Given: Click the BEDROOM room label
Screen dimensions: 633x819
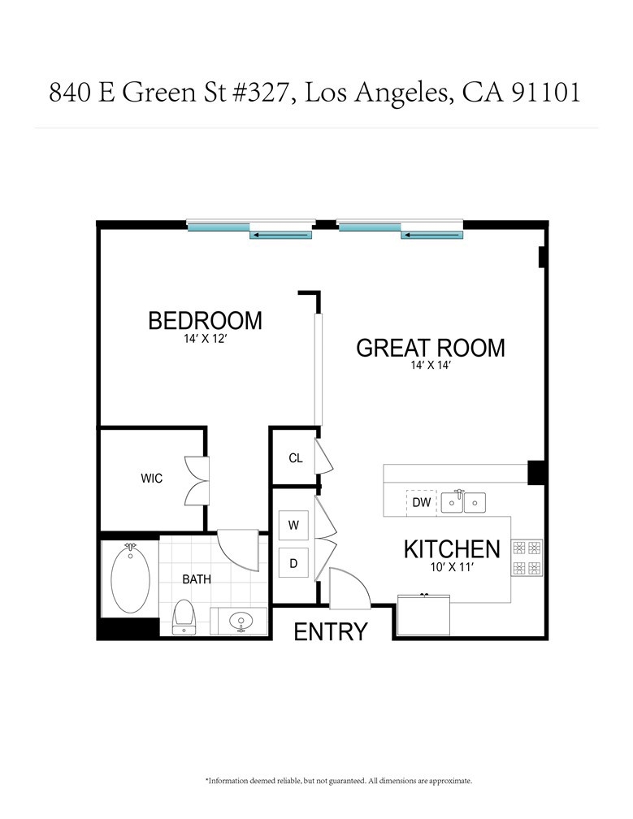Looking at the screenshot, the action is (206, 321).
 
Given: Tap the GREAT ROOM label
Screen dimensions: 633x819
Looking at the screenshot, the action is (431, 348).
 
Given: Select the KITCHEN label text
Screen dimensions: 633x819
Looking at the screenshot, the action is (452, 549).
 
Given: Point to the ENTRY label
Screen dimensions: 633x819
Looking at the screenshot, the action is (331, 631).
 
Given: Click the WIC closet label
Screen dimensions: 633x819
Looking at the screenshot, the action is (151, 478).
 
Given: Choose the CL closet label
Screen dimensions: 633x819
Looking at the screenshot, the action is (296, 458).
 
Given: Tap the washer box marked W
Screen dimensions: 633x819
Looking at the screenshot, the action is (293, 525).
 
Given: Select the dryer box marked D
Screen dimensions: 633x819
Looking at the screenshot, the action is (293, 563).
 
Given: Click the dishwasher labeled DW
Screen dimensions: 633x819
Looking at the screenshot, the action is (422, 502).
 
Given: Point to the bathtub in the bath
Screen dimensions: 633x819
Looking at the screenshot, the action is (130, 578).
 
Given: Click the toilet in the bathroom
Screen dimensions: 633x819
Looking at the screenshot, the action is (184, 617).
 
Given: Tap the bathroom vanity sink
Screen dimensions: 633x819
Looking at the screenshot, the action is (241, 621).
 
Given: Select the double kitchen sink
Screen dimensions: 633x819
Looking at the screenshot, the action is (463, 502).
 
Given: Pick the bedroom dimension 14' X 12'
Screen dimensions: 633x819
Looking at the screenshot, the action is (205, 339).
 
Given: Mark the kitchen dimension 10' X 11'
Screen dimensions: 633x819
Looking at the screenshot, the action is (452, 567).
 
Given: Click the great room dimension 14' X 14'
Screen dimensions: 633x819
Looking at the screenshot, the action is (431, 365).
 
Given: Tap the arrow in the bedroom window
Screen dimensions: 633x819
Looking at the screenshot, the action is (281, 236).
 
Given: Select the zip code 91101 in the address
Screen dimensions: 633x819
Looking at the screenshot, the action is (545, 93).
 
